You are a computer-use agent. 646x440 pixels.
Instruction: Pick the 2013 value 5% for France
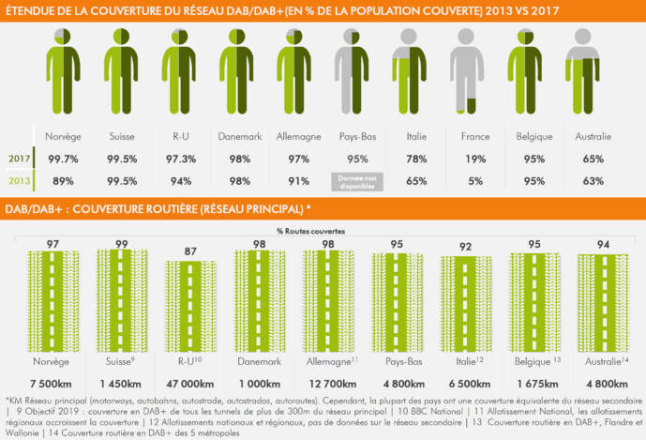click(474, 180)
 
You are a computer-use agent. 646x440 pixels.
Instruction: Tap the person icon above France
click(465, 71)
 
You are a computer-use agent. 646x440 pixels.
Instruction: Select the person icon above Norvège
click(58, 71)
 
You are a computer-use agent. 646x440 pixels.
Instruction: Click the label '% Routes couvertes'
click(309, 230)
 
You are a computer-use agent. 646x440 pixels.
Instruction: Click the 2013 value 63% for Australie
click(592, 180)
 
